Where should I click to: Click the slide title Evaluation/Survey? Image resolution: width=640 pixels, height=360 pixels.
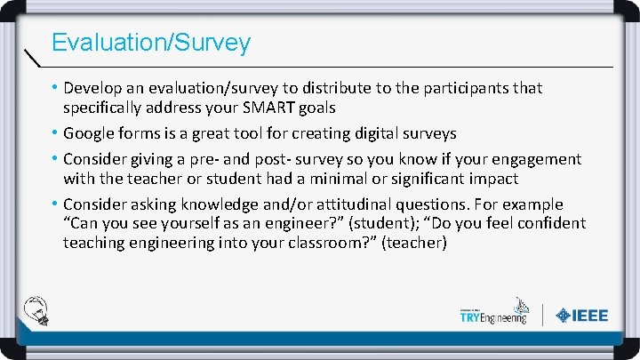(151, 42)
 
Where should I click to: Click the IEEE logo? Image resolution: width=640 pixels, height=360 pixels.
(582, 316)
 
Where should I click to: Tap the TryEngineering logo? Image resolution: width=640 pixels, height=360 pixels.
(492, 314)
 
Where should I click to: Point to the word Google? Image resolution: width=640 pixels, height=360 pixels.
(91, 133)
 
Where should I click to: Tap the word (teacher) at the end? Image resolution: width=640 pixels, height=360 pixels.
(413, 242)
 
